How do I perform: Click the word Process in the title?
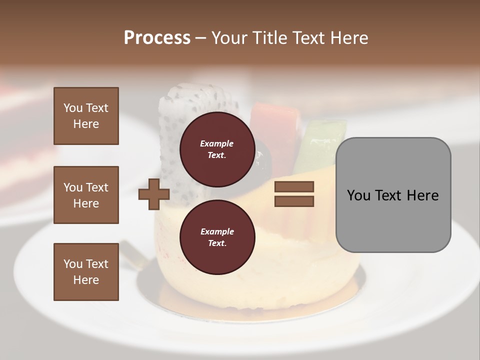click(x=157, y=38)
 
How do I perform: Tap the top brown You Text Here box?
click(x=86, y=116)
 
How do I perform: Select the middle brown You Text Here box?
click(x=86, y=195)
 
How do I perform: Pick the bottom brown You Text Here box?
click(x=86, y=271)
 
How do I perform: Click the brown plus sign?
click(x=154, y=194)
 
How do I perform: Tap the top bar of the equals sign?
click(x=294, y=187)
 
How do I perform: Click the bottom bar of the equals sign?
click(x=294, y=201)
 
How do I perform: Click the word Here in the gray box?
click(x=423, y=195)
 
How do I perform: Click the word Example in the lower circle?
click(x=217, y=231)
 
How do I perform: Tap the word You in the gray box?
click(x=359, y=195)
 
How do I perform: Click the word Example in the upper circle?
click(x=217, y=143)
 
